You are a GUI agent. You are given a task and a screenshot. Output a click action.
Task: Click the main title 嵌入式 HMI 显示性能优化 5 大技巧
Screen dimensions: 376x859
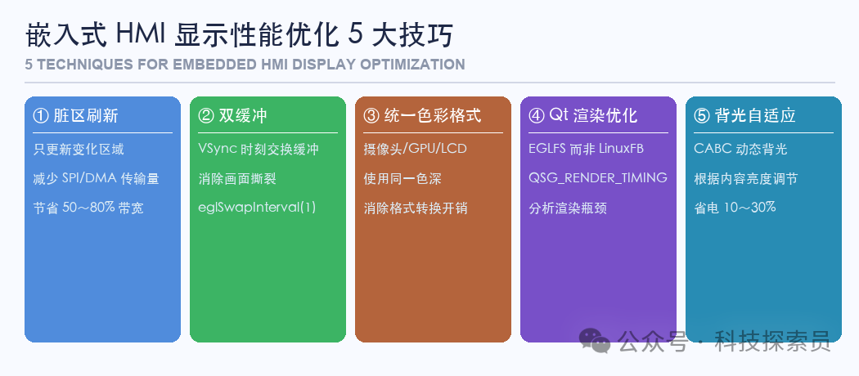pyautogui.click(x=238, y=35)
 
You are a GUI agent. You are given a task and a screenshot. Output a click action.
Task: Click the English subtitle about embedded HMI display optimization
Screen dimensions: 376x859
pyautogui.click(x=245, y=65)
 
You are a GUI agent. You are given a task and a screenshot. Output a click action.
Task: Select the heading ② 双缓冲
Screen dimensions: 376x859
pyautogui.click(x=232, y=115)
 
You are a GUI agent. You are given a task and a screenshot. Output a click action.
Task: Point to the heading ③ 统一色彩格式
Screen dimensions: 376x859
pyautogui.click(x=422, y=115)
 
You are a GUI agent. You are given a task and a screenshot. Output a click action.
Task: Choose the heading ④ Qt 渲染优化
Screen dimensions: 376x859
pyautogui.click(x=582, y=115)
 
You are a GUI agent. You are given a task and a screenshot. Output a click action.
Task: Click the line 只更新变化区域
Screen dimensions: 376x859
pyautogui.click(x=79, y=150)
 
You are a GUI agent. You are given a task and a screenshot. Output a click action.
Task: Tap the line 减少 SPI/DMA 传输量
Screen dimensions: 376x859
pyautogui.click(x=96, y=178)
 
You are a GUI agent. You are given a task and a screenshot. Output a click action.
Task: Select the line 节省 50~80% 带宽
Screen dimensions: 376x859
pyautogui.click(x=88, y=208)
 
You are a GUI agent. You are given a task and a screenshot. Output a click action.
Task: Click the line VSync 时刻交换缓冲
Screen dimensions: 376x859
pyautogui.click(x=259, y=150)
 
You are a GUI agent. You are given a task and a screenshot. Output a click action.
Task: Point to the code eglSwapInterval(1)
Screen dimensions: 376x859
pyautogui.click(x=257, y=207)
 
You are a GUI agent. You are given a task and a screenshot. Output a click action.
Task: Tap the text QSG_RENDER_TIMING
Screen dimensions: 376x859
pyautogui.click(x=598, y=178)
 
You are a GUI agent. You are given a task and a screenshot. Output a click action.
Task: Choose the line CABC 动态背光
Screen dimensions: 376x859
pyautogui.click(x=740, y=150)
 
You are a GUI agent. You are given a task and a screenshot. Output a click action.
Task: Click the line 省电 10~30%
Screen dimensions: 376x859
pyautogui.click(x=735, y=208)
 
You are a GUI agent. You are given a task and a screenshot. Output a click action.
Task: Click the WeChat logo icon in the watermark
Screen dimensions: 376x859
pyautogui.click(x=595, y=340)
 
